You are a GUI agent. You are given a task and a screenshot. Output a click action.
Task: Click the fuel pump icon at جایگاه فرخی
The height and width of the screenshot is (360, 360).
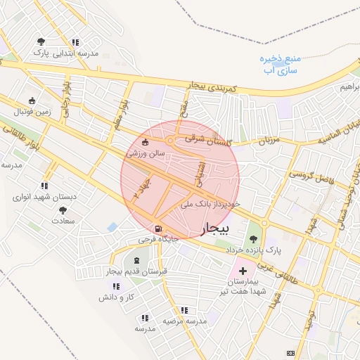click(x=157, y=229)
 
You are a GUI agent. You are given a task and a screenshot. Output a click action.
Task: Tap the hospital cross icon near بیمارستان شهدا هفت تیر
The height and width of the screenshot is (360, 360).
click(x=243, y=271)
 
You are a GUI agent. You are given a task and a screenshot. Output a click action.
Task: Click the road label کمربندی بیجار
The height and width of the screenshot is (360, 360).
click(x=215, y=88)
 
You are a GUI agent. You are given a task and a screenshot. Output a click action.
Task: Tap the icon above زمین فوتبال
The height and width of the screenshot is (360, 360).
click(x=31, y=101)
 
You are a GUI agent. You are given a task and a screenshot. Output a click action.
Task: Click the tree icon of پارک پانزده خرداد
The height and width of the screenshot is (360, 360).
click(x=253, y=239)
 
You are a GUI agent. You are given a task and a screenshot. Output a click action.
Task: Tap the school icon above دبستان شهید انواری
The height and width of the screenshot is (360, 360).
click(x=44, y=186)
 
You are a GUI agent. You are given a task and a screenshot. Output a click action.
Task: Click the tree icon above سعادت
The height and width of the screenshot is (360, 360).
click(x=63, y=210)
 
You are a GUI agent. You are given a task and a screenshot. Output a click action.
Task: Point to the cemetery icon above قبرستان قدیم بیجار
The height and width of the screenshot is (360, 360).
click(x=146, y=262)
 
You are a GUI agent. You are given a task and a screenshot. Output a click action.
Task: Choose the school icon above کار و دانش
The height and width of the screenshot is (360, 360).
click(x=116, y=286)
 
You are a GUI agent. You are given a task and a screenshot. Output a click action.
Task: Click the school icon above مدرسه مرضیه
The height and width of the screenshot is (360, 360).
click(x=185, y=309)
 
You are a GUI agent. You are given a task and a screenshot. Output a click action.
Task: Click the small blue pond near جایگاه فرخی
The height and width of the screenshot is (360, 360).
click(x=112, y=227)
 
